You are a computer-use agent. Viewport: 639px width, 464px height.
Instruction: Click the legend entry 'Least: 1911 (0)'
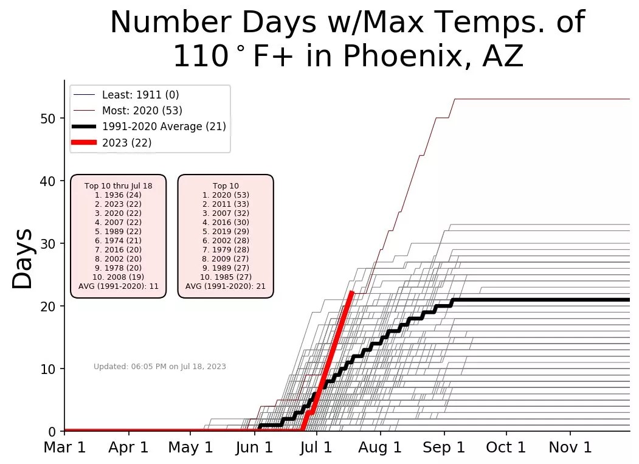140,95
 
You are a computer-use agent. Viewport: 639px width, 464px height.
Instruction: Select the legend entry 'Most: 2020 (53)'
142,111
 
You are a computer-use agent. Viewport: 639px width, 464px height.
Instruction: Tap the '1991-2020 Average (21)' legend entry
164,126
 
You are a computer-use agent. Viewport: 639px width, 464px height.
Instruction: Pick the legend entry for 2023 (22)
126,143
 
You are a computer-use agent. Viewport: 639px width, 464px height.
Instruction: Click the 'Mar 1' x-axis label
64,448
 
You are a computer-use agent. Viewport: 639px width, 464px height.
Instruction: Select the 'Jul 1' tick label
316,448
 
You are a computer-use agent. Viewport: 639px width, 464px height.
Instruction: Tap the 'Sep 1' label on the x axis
444,448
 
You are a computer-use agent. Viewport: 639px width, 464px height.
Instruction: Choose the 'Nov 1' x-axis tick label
570,448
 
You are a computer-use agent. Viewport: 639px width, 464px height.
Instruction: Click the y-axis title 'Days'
24,258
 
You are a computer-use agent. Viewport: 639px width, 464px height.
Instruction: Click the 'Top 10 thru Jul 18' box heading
119,185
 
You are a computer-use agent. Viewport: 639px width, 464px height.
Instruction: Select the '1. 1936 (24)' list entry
119,195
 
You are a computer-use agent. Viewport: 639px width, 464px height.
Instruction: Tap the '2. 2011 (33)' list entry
226,204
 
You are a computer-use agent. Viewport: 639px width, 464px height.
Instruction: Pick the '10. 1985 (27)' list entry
226,277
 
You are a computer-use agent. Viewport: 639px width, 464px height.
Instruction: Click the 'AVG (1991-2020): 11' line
119,286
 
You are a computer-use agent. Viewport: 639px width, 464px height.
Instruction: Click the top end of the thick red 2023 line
352,293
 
